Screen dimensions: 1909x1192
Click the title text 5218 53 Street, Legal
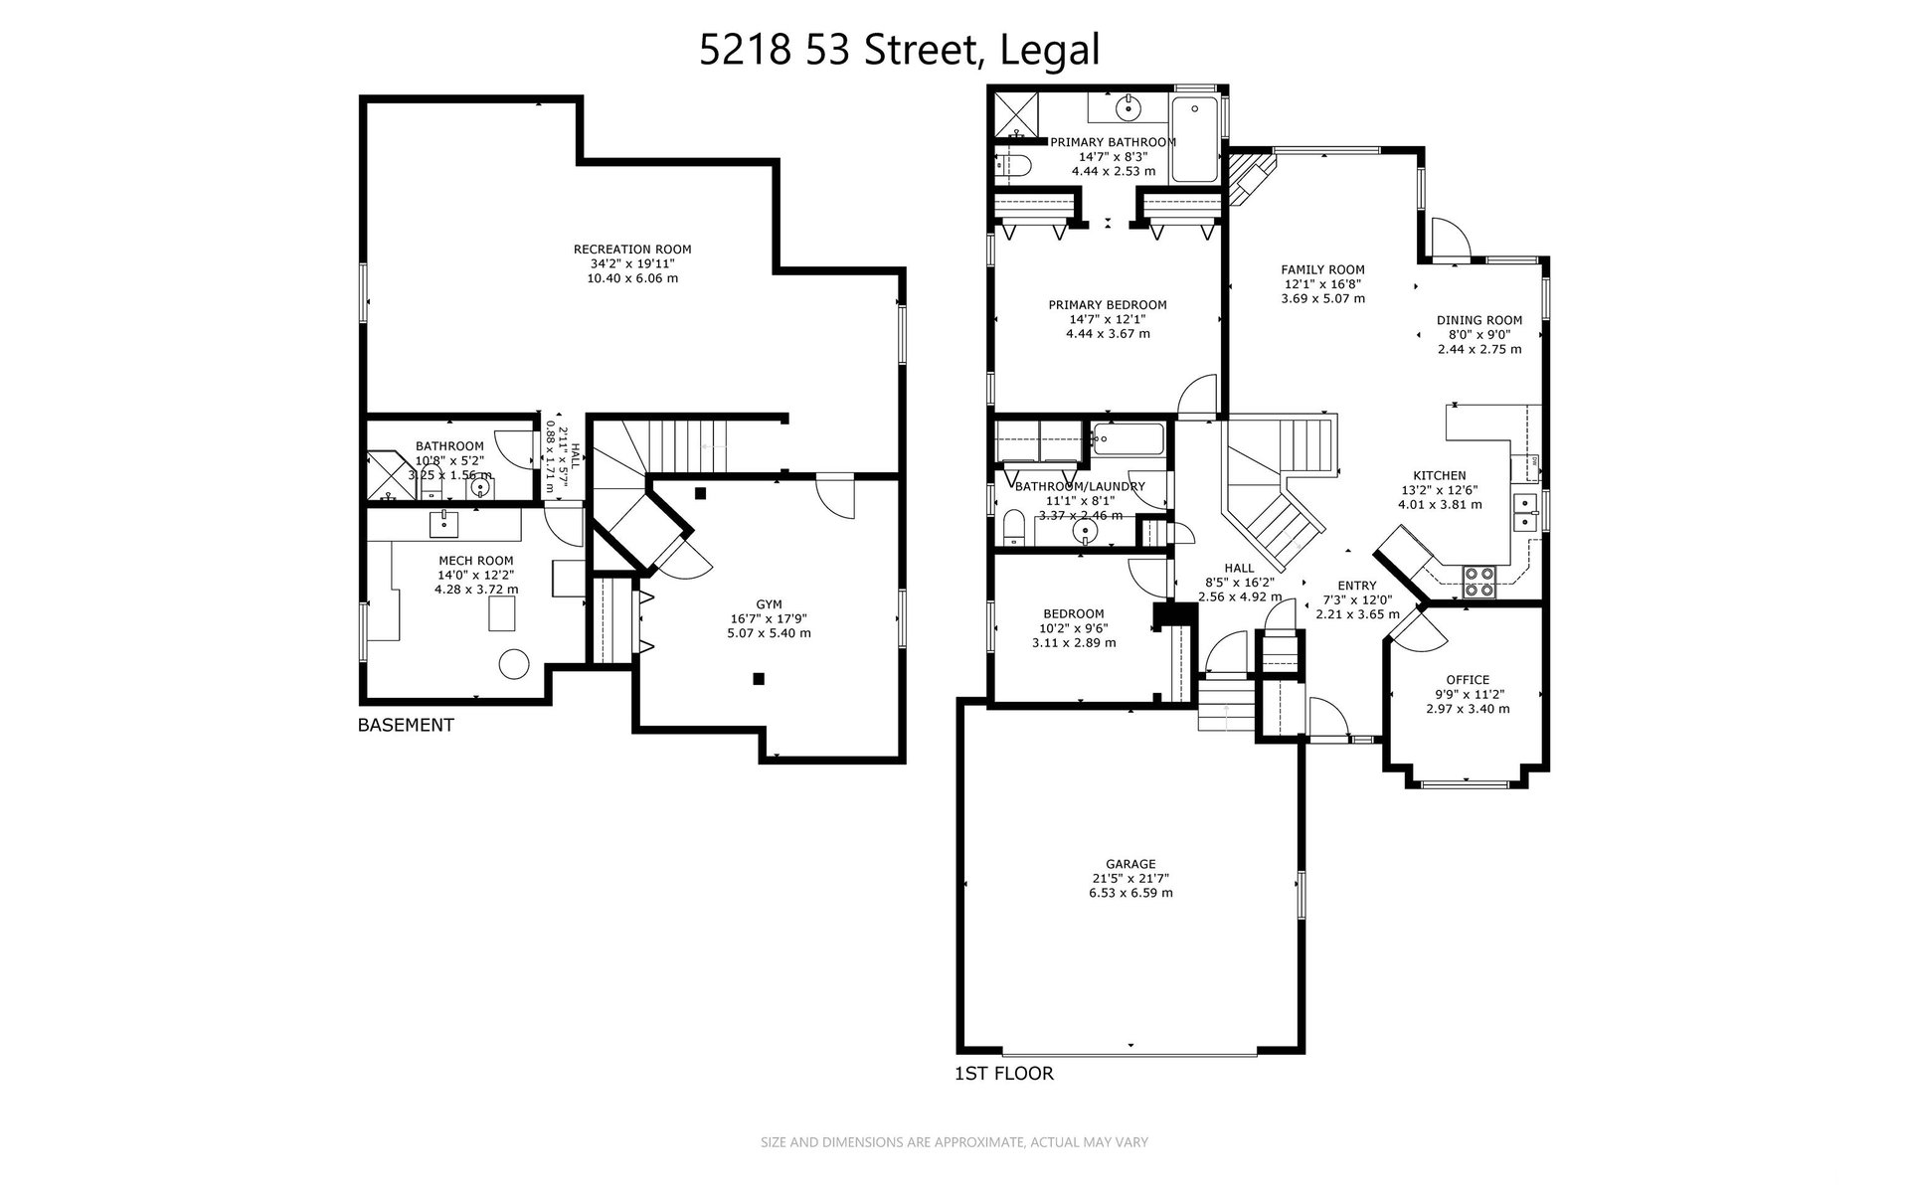pyautogui.click(x=900, y=50)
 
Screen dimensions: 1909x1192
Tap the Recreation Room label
pyautogui.click(x=632, y=250)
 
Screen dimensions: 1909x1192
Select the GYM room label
pyautogui.click(x=769, y=604)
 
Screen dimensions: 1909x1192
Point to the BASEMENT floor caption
pyautogui.click(x=406, y=726)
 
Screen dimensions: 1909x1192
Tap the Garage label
pyautogui.click(x=1130, y=865)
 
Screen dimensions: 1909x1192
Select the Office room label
pyautogui.click(x=1468, y=680)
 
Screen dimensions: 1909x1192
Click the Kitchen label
pyautogui.click(x=1440, y=476)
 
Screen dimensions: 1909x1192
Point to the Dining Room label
pyautogui.click(x=1479, y=320)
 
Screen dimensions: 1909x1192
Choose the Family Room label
pyautogui.click(x=1322, y=269)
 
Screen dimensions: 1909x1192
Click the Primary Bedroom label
pyautogui.click(x=1108, y=305)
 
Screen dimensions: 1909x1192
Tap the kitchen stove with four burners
pyautogui.click(x=1479, y=582)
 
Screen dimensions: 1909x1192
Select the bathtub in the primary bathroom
pyautogui.click(x=1195, y=139)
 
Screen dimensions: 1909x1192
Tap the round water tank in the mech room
pyautogui.click(x=515, y=663)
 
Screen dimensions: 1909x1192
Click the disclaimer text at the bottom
pyautogui.click(x=954, y=1142)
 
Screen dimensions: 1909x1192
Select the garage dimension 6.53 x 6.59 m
pyautogui.click(x=1130, y=893)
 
